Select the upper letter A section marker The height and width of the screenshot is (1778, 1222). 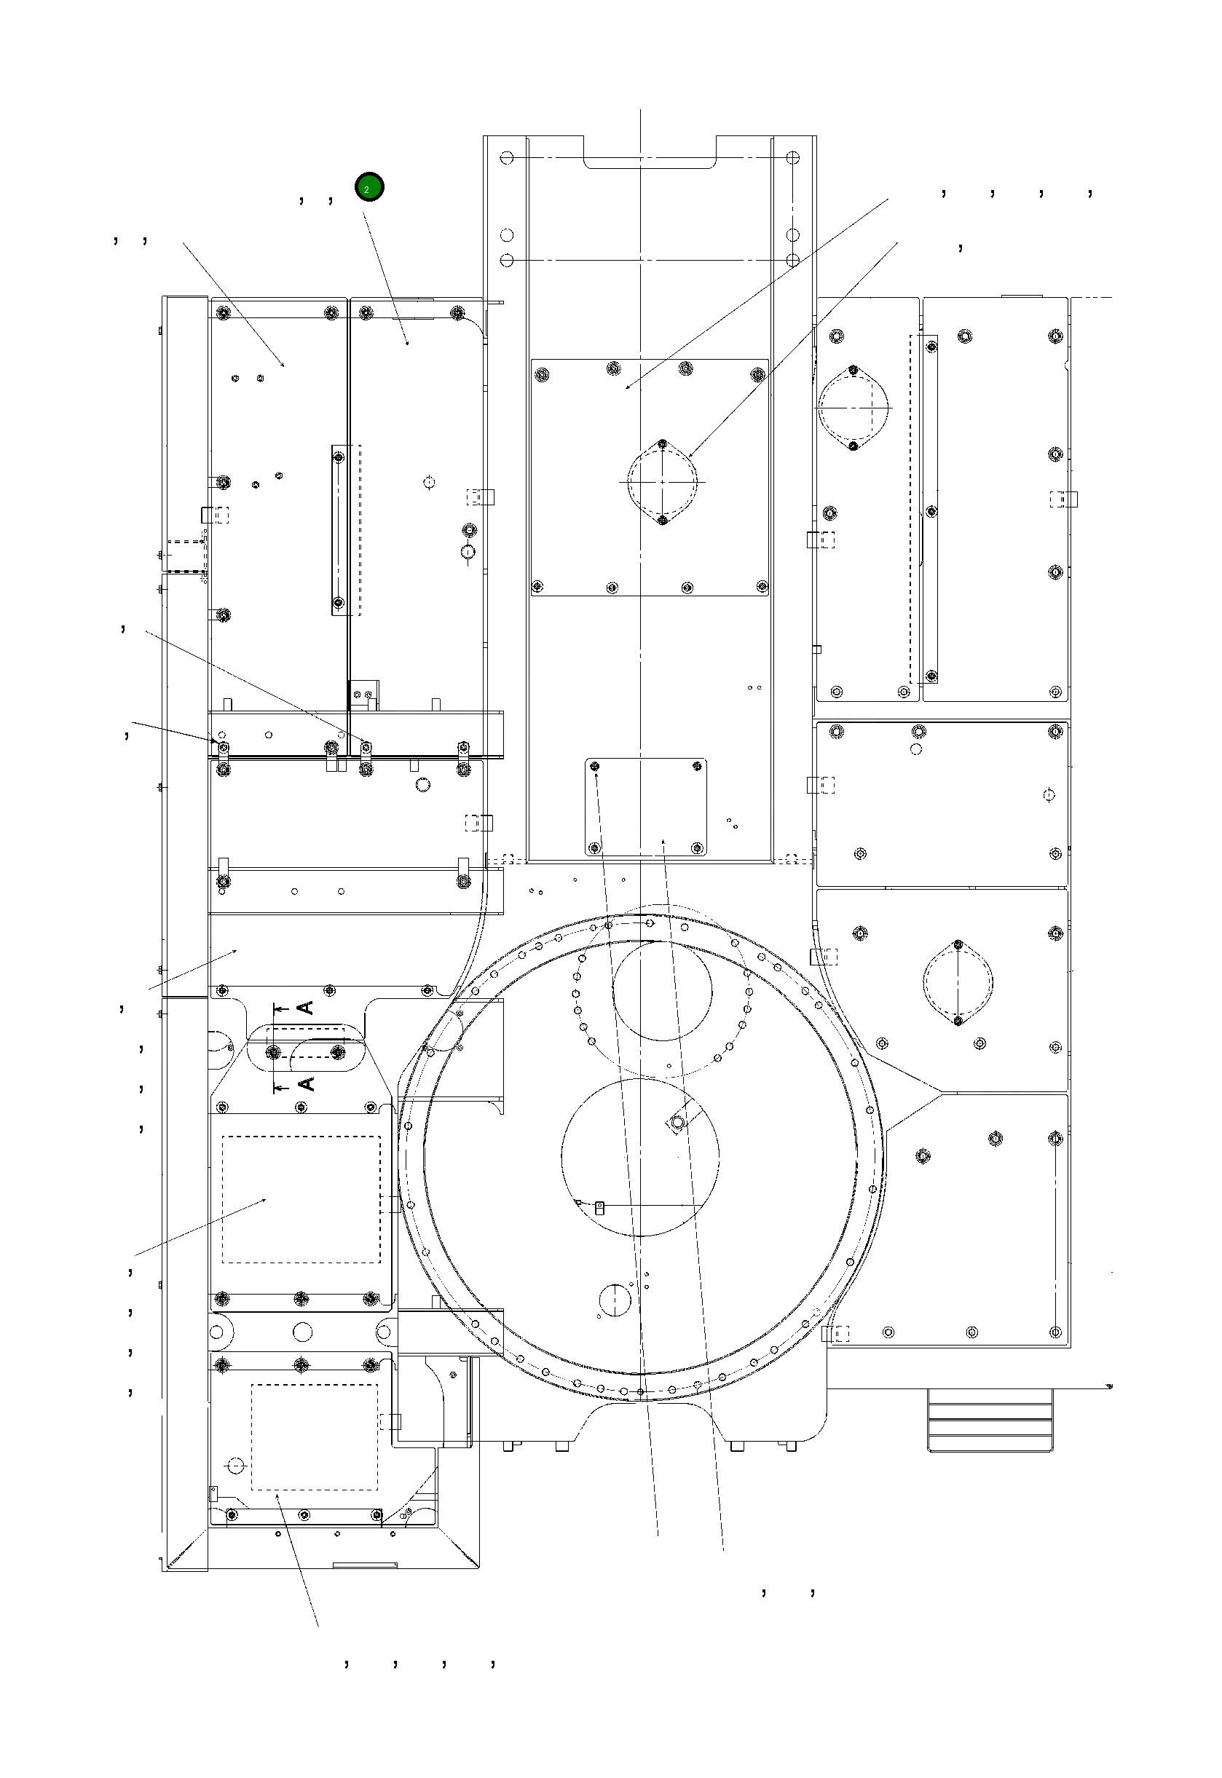point(304,1007)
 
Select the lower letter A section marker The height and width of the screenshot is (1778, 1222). point(304,1083)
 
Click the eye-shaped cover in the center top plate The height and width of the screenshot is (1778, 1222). point(662,482)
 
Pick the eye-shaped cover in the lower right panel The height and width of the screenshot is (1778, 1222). point(958,982)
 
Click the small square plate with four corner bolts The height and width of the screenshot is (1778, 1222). point(646,807)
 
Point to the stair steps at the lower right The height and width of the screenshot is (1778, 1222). point(989,1420)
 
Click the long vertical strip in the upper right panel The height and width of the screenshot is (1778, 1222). point(931,509)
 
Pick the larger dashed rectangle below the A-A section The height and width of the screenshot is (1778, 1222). point(301,1199)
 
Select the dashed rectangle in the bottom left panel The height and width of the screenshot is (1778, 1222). point(315,1437)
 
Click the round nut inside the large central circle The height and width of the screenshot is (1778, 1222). point(677,1123)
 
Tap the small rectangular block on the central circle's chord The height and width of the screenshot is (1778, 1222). point(600,1208)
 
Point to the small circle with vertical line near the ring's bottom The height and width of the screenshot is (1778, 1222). point(615,1300)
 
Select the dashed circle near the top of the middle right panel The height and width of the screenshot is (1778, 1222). point(915,749)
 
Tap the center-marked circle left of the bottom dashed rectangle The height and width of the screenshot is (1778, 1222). point(236,1465)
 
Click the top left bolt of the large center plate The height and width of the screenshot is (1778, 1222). point(542,374)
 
